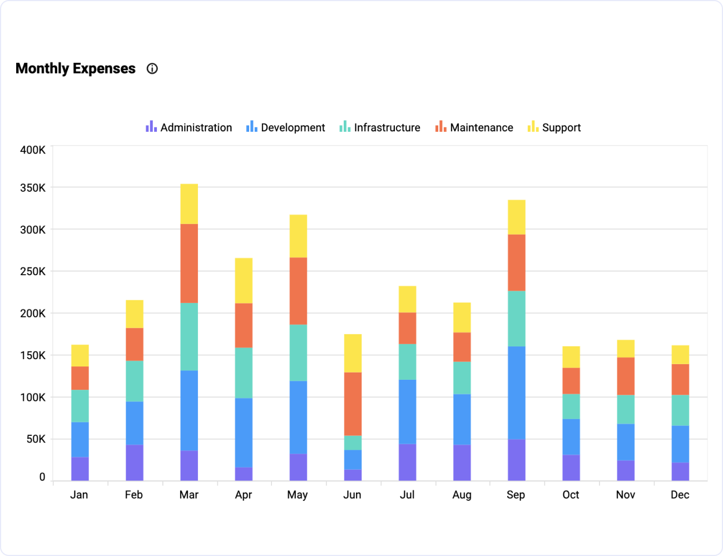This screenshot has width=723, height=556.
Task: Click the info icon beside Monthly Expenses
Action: coord(152,68)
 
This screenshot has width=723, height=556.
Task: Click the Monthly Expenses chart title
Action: coord(76,68)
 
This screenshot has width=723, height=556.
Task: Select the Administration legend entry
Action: coord(189,127)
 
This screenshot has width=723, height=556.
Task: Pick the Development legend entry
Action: coord(286,127)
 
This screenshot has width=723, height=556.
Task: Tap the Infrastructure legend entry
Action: coord(380,127)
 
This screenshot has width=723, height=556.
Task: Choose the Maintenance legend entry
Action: coord(474,127)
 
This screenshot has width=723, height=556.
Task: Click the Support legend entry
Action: coord(554,127)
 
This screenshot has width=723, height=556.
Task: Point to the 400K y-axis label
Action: coord(33,150)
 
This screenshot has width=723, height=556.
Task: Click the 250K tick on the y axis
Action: coord(33,271)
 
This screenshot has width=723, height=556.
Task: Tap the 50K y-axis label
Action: coord(36,439)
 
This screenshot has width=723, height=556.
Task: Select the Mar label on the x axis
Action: coord(189,495)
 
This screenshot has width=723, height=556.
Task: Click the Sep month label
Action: coord(516,495)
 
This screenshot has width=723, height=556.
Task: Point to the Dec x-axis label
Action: coord(680,495)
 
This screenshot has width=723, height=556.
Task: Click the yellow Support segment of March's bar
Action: coord(189,203)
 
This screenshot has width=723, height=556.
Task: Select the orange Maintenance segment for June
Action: coord(353,404)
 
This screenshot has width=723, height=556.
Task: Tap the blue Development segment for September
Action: coord(516,393)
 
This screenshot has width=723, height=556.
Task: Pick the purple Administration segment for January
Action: coord(80,469)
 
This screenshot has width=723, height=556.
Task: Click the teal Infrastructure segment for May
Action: coord(298,353)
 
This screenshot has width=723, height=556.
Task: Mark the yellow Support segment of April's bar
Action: coord(244,280)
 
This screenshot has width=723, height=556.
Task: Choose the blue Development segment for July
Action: coord(407,411)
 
